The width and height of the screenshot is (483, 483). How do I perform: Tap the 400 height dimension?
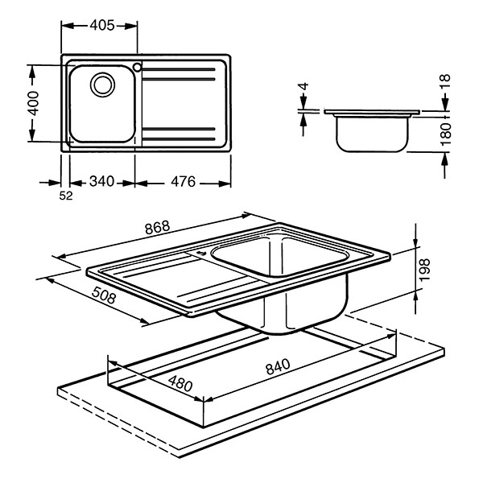coord(32,104)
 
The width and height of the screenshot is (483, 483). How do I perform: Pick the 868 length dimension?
coord(156,228)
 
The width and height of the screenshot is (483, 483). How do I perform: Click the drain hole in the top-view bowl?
coord(102,83)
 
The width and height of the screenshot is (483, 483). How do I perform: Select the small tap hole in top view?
coord(138,67)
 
